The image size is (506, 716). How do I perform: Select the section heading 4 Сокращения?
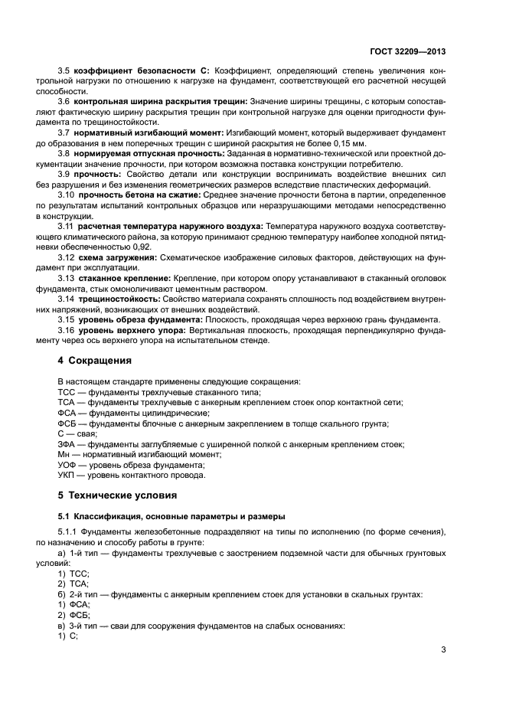click(x=95, y=360)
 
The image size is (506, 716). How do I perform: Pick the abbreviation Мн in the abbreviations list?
click(x=64, y=454)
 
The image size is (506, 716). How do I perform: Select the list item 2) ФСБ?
click(x=74, y=615)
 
